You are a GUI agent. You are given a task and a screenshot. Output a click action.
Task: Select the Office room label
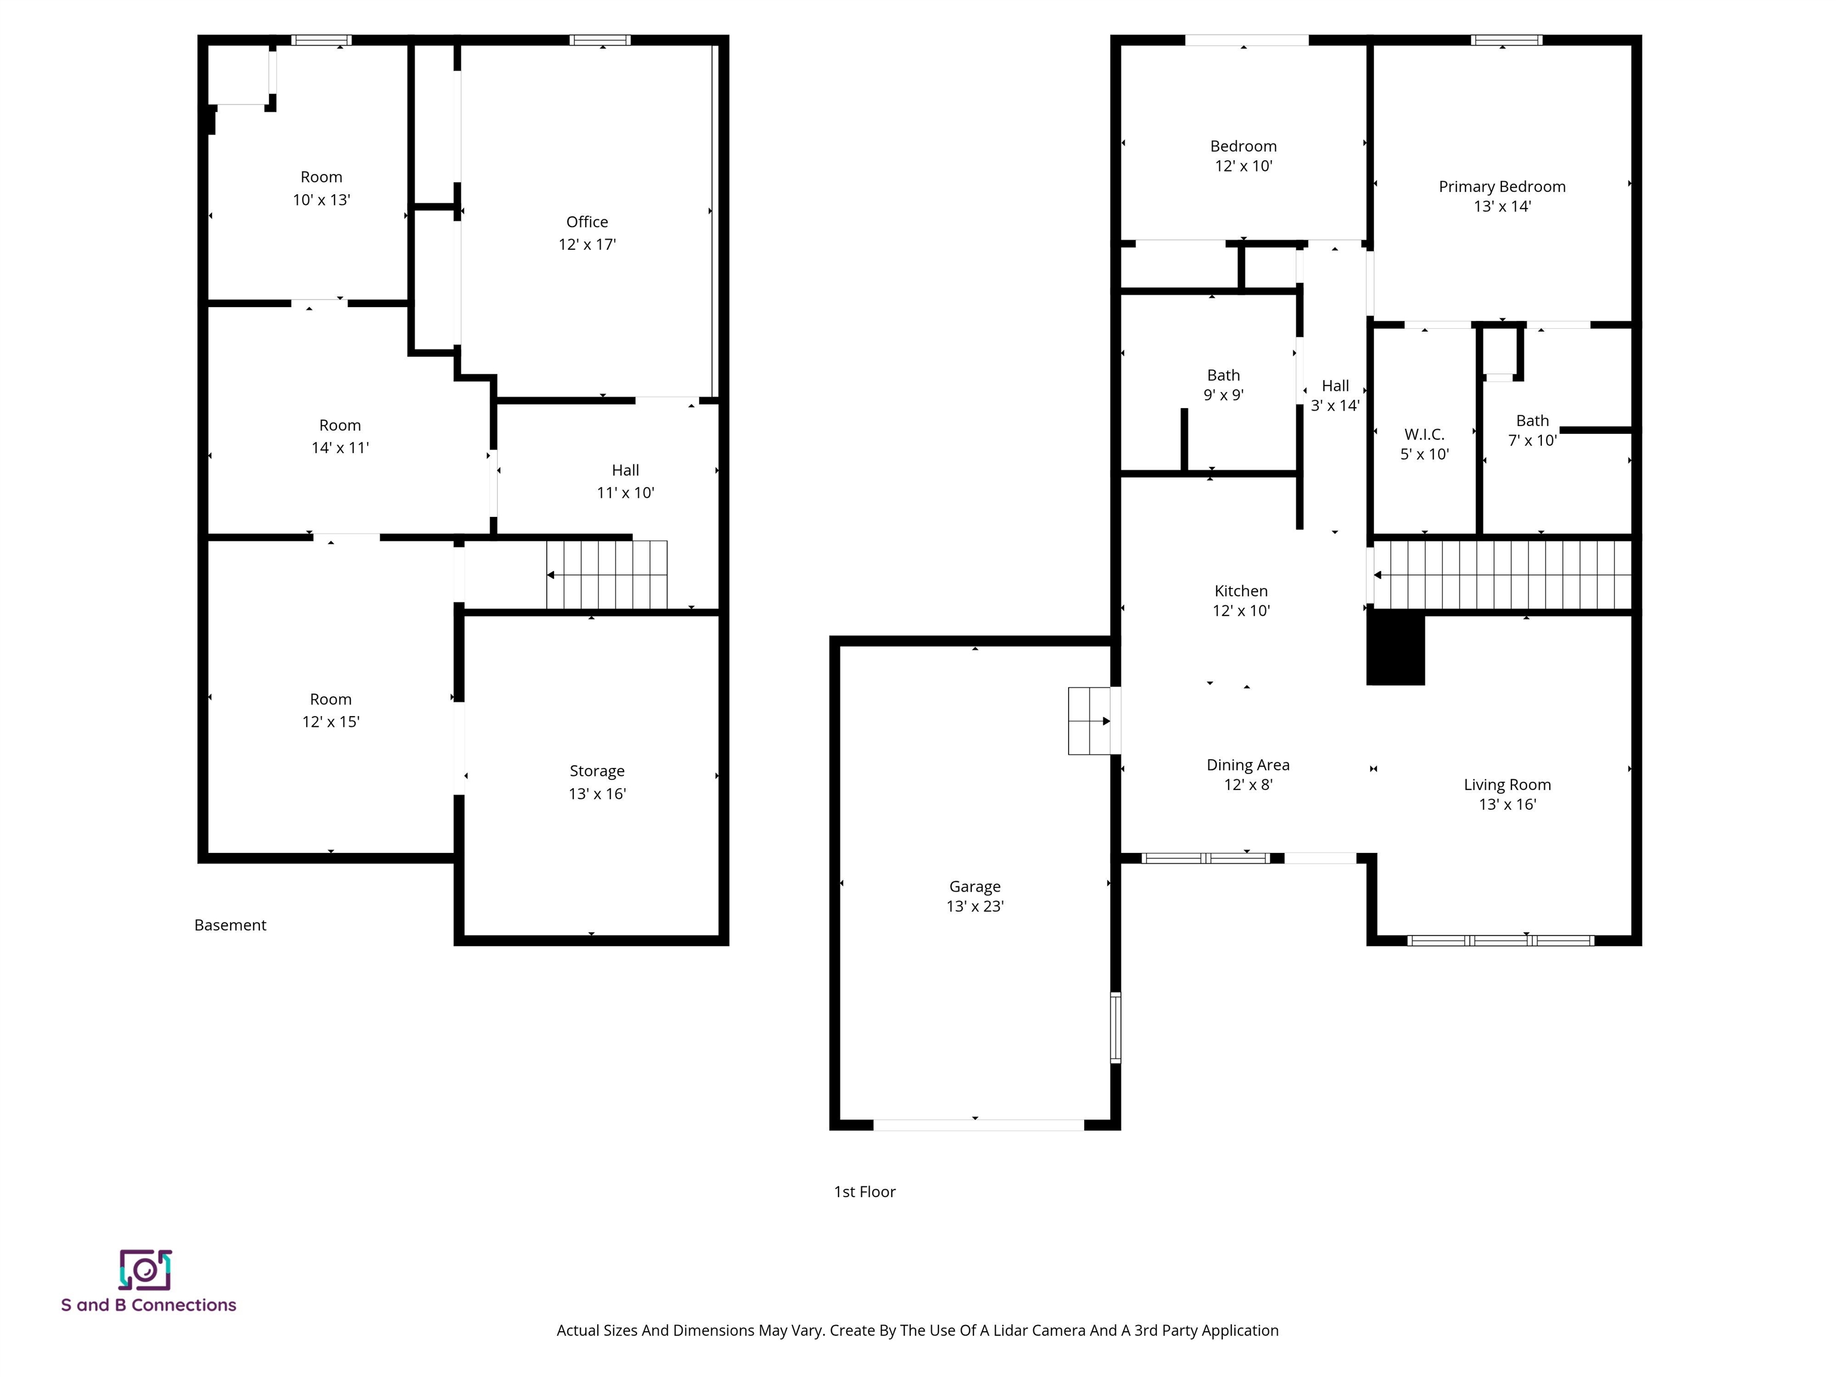587,222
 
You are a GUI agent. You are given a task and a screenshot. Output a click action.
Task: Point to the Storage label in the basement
597,771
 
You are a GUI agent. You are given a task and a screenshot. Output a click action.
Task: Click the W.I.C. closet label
1424,434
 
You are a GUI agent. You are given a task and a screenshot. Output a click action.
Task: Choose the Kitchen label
1241,591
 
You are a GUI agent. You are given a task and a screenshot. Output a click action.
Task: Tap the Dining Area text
1247,764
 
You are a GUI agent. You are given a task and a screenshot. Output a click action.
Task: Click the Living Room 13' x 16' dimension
1507,804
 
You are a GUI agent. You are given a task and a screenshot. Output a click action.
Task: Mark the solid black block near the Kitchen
1396,647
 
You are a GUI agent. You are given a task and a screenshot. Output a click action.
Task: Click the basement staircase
607,574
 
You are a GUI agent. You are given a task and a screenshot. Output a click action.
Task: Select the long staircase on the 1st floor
1503,574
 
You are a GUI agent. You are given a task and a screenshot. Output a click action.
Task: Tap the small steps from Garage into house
1089,720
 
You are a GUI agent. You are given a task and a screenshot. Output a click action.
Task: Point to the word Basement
230,925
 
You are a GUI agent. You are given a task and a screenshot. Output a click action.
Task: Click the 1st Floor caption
864,1192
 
